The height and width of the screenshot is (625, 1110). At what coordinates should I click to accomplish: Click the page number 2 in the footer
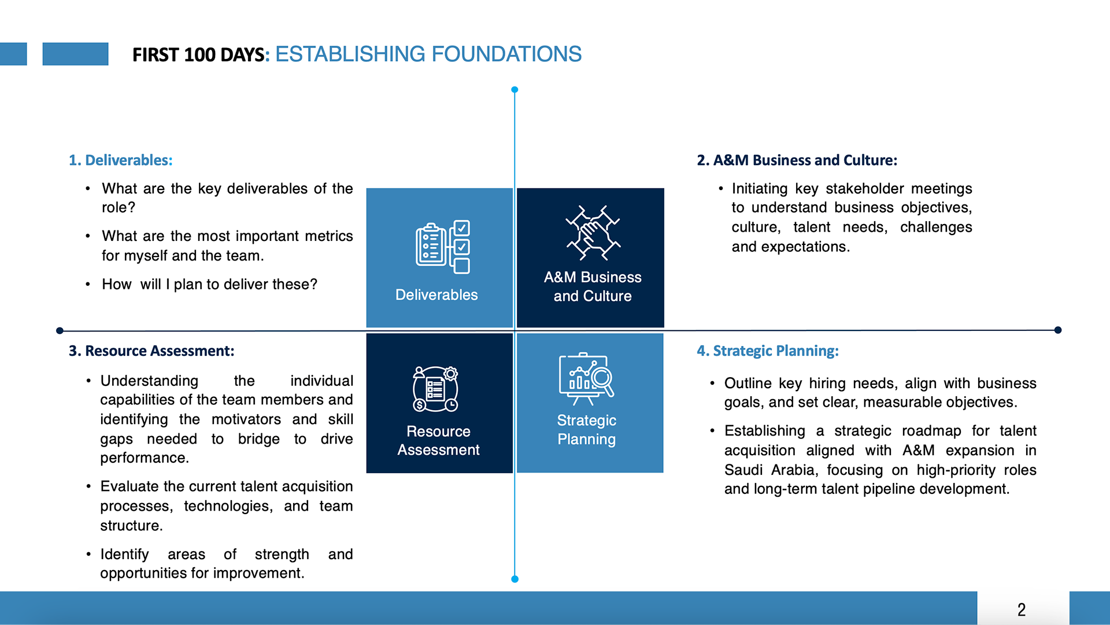(x=1022, y=609)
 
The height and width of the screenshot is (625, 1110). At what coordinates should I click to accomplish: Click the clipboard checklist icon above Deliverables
(x=442, y=247)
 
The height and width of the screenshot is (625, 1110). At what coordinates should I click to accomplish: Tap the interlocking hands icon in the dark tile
(x=593, y=233)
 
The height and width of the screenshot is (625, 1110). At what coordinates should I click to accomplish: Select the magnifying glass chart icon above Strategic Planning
(x=586, y=378)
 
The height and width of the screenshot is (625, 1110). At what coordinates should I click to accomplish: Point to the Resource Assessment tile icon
(x=435, y=389)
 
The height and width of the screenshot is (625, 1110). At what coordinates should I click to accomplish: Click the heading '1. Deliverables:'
(x=120, y=160)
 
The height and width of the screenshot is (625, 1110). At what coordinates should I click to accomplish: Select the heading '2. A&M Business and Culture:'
(x=797, y=160)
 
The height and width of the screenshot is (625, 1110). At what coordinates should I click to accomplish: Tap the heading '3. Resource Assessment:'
(x=151, y=351)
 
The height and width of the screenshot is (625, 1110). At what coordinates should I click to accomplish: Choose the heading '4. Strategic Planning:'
(x=767, y=351)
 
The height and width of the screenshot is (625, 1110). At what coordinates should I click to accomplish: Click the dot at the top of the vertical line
(x=515, y=90)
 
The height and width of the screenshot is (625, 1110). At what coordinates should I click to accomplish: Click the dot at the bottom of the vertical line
(x=515, y=579)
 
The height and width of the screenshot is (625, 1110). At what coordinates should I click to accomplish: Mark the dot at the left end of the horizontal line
(x=60, y=330)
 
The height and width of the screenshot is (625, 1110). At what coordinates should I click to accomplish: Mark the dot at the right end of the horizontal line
(x=1057, y=330)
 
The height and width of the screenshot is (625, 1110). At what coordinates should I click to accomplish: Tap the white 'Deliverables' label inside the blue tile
(x=436, y=295)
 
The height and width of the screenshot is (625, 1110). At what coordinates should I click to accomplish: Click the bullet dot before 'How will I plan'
(x=88, y=284)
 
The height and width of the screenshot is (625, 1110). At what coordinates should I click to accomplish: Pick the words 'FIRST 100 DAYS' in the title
(x=198, y=55)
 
